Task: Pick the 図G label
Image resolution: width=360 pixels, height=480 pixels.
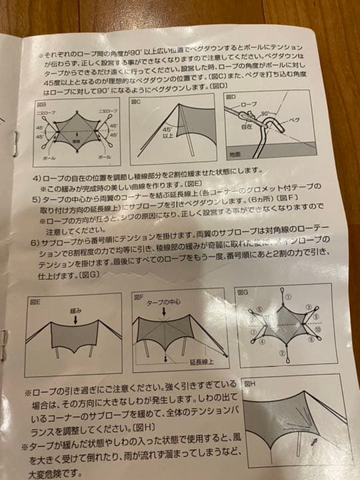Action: pos(244,292)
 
